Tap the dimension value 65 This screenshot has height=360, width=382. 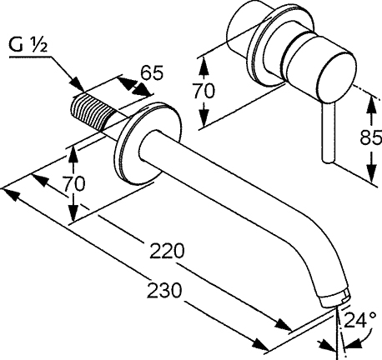[x=149, y=72]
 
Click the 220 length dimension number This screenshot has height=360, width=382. [x=168, y=249]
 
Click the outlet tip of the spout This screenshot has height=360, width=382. [x=337, y=294]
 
